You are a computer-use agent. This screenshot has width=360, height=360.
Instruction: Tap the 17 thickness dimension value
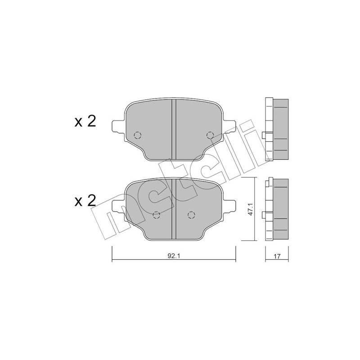277,256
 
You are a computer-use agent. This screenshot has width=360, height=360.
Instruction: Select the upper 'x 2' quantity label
85,121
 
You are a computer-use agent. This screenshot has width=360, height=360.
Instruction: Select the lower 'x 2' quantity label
85,200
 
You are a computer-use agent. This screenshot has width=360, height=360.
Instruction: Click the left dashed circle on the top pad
138,135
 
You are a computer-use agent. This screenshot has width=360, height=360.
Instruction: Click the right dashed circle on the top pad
209,135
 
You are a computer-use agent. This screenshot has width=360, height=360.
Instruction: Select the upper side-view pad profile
276,130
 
